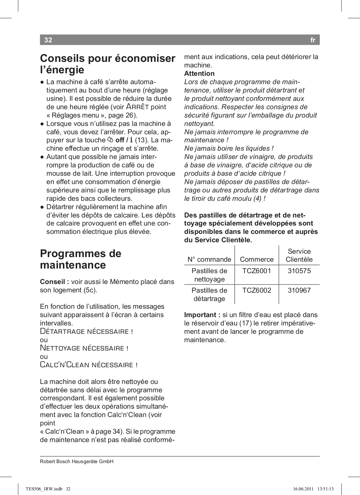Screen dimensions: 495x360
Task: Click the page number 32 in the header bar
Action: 48,40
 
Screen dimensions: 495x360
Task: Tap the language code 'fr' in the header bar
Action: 313,40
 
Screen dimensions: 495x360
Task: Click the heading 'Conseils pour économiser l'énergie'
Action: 107,64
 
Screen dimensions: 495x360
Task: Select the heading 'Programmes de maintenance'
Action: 80,259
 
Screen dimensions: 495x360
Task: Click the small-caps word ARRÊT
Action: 137,107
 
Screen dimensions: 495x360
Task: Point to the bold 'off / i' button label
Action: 124,140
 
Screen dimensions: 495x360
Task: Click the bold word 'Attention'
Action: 199,74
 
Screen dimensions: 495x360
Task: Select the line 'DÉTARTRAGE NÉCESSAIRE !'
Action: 86,332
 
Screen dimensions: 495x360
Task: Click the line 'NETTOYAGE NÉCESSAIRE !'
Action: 84,348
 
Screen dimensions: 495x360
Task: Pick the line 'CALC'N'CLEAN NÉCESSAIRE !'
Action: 89,365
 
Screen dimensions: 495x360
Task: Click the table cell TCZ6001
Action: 257,271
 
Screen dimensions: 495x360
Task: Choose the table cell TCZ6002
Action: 257,291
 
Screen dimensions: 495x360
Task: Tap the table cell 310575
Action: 299,271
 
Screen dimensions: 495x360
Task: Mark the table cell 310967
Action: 299,291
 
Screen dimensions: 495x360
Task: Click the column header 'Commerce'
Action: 257,260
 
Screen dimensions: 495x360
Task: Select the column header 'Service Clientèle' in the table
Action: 299,256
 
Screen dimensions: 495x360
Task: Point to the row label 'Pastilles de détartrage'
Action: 209,295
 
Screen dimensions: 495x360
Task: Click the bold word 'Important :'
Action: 202,315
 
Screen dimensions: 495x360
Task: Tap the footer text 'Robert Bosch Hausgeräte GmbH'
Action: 76,462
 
